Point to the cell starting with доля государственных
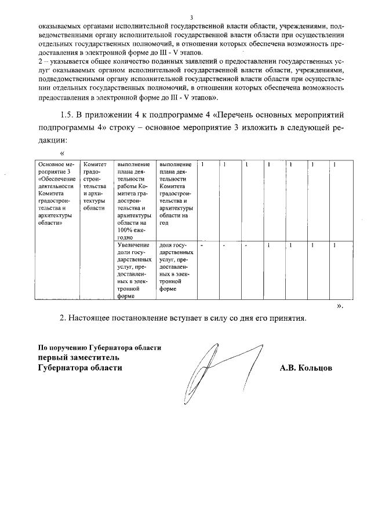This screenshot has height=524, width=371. (176, 266)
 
